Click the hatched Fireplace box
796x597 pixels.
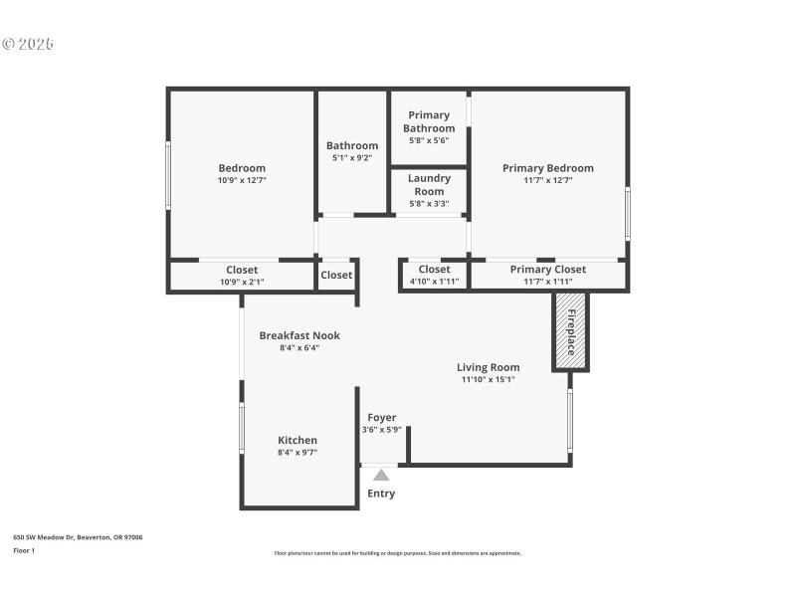[x=571, y=331]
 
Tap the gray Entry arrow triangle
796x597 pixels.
[x=381, y=476]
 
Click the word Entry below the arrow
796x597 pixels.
[x=381, y=494]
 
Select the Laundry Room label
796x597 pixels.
[x=429, y=184]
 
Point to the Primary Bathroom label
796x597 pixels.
[x=429, y=121]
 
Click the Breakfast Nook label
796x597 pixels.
[x=299, y=335]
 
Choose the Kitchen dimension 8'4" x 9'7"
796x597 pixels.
[x=298, y=453]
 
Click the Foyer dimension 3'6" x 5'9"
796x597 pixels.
[x=381, y=430]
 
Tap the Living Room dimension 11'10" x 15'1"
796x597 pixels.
[x=488, y=379]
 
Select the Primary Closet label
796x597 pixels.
[x=548, y=270]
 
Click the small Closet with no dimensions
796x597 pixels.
[x=336, y=275]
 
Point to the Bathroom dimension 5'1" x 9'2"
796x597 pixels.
[x=352, y=158]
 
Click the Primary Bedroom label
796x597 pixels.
[x=548, y=168]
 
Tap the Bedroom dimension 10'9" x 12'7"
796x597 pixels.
[x=242, y=180]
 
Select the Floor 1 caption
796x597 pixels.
[x=24, y=550]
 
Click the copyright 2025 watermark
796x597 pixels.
[x=28, y=45]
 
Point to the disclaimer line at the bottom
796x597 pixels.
[x=398, y=553]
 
